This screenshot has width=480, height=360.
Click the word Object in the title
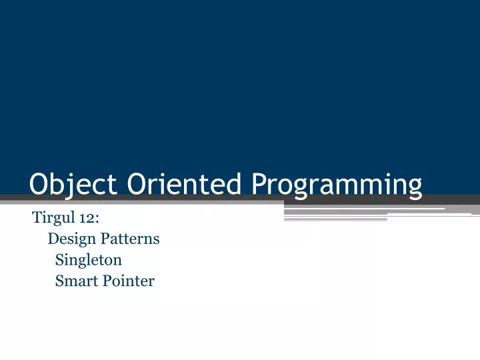click(74, 184)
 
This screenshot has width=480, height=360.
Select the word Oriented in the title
click(184, 184)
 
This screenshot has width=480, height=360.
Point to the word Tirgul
click(51, 217)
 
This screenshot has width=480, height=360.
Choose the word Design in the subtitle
click(70, 239)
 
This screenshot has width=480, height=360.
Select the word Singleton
click(88, 260)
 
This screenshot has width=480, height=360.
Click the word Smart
click(75, 281)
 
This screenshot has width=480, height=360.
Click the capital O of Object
click(39, 184)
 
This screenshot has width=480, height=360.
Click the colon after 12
click(97, 219)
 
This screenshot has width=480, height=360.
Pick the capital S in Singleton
click(59, 259)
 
